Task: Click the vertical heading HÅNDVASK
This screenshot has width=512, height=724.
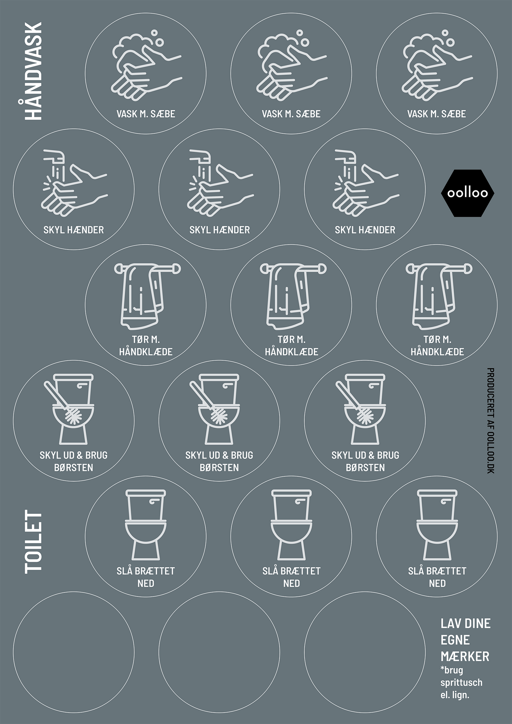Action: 33,71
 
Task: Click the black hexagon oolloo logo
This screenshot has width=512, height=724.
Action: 467,193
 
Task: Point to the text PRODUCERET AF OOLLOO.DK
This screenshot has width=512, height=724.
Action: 491,421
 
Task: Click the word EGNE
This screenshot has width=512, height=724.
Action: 455,640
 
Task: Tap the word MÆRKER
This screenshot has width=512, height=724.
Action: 465,657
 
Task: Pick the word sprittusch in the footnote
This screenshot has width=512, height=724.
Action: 461,683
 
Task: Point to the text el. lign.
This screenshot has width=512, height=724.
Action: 455,695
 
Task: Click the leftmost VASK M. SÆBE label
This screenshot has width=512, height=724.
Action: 146,114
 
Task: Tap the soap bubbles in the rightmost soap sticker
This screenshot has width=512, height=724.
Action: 446,38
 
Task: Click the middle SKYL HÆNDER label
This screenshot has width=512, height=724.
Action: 219,230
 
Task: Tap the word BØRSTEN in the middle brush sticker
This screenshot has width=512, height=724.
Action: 219,467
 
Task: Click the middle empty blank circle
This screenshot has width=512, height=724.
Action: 219,652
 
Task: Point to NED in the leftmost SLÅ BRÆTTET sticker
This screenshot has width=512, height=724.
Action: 146,583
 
